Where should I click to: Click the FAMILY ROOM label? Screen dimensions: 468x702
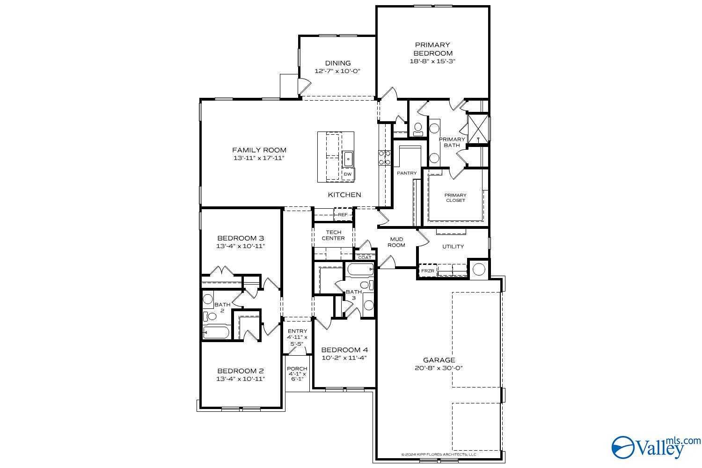click(x=259, y=150)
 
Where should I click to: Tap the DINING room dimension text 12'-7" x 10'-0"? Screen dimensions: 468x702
click(x=337, y=71)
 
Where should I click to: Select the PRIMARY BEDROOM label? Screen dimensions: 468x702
click(x=432, y=49)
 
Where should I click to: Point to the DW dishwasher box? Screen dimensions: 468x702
click(x=348, y=174)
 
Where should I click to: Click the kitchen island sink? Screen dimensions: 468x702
click(x=348, y=159)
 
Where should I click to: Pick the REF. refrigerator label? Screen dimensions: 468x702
click(x=343, y=215)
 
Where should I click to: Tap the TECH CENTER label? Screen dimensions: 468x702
click(x=333, y=235)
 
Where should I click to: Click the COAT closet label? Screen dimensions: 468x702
click(x=365, y=257)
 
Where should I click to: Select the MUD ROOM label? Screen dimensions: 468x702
click(x=396, y=242)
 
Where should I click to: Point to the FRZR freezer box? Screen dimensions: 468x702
click(x=427, y=271)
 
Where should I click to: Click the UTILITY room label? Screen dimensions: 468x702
click(x=453, y=246)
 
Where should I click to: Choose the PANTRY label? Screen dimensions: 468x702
click(x=407, y=173)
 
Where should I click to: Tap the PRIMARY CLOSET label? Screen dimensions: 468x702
click(x=455, y=197)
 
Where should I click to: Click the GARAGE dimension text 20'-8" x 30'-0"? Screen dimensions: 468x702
click(x=439, y=368)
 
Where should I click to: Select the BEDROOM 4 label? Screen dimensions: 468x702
click(x=344, y=350)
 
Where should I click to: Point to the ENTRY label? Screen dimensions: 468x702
click(x=297, y=331)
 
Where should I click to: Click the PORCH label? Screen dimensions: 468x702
click(x=297, y=369)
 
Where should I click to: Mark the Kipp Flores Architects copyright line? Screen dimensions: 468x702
click(x=439, y=454)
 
